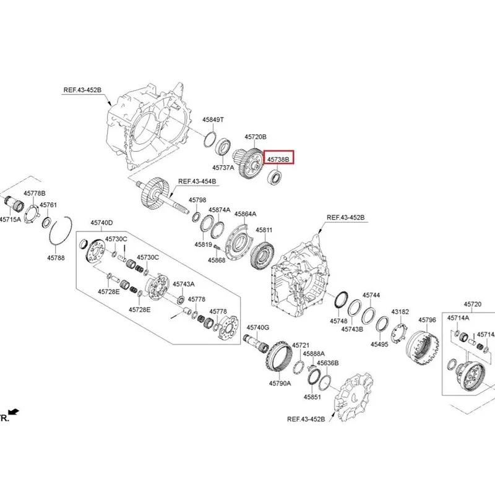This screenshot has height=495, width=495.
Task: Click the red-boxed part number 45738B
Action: pyautogui.click(x=278, y=160)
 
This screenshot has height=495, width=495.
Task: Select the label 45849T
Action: pyautogui.click(x=213, y=119)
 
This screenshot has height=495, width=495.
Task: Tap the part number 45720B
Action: pyautogui.click(x=256, y=137)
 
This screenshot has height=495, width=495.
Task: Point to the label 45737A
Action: pyautogui.click(x=223, y=168)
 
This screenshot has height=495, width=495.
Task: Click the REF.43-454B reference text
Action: pyautogui.click(x=197, y=181)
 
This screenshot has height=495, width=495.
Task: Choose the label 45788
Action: pyautogui.click(x=56, y=258)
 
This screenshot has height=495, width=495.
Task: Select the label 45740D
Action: pyautogui.click(x=101, y=223)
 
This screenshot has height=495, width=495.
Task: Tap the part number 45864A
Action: pyautogui.click(x=245, y=214)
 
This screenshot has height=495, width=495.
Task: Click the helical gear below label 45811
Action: pyautogui.click(x=262, y=255)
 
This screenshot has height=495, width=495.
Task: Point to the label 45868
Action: pyautogui.click(x=217, y=260)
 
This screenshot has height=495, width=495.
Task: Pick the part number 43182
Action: pyautogui.click(x=400, y=312)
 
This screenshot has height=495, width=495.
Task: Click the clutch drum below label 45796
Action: pyautogui.click(x=422, y=348)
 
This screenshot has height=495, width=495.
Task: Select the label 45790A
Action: pyautogui.click(x=280, y=383)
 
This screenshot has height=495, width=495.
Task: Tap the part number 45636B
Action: pyautogui.click(x=328, y=363)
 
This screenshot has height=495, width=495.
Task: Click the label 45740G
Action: pyautogui.click(x=258, y=328)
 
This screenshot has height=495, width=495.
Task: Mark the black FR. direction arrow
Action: pyautogui.click(x=14, y=411)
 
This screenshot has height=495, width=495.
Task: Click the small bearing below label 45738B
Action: pyautogui.click(x=275, y=177)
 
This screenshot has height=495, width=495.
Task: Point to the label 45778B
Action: pyautogui.click(x=35, y=193)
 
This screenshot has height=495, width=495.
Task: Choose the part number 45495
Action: pyautogui.click(x=379, y=344)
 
